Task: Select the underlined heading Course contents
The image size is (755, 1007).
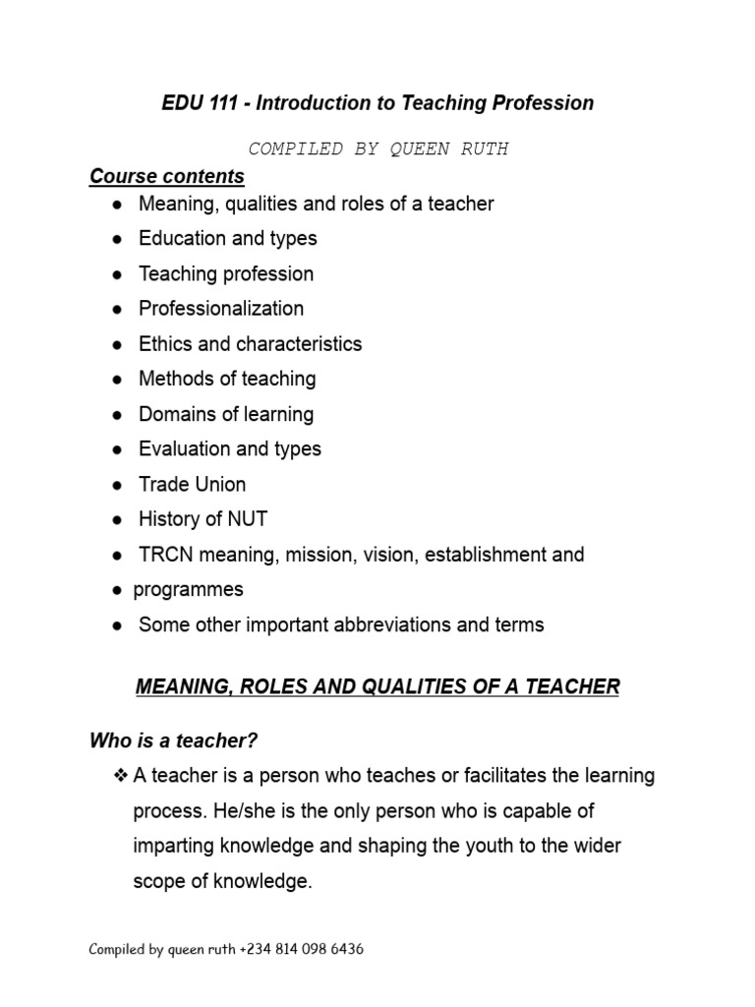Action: point(167,177)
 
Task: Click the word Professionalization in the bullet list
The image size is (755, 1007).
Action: point(221,309)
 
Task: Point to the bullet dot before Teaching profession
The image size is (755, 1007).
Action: point(117,274)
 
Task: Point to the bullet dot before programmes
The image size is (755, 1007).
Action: point(113,590)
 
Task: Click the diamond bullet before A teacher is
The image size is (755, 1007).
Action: point(122,777)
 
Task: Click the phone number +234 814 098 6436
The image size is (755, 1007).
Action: point(301,950)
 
